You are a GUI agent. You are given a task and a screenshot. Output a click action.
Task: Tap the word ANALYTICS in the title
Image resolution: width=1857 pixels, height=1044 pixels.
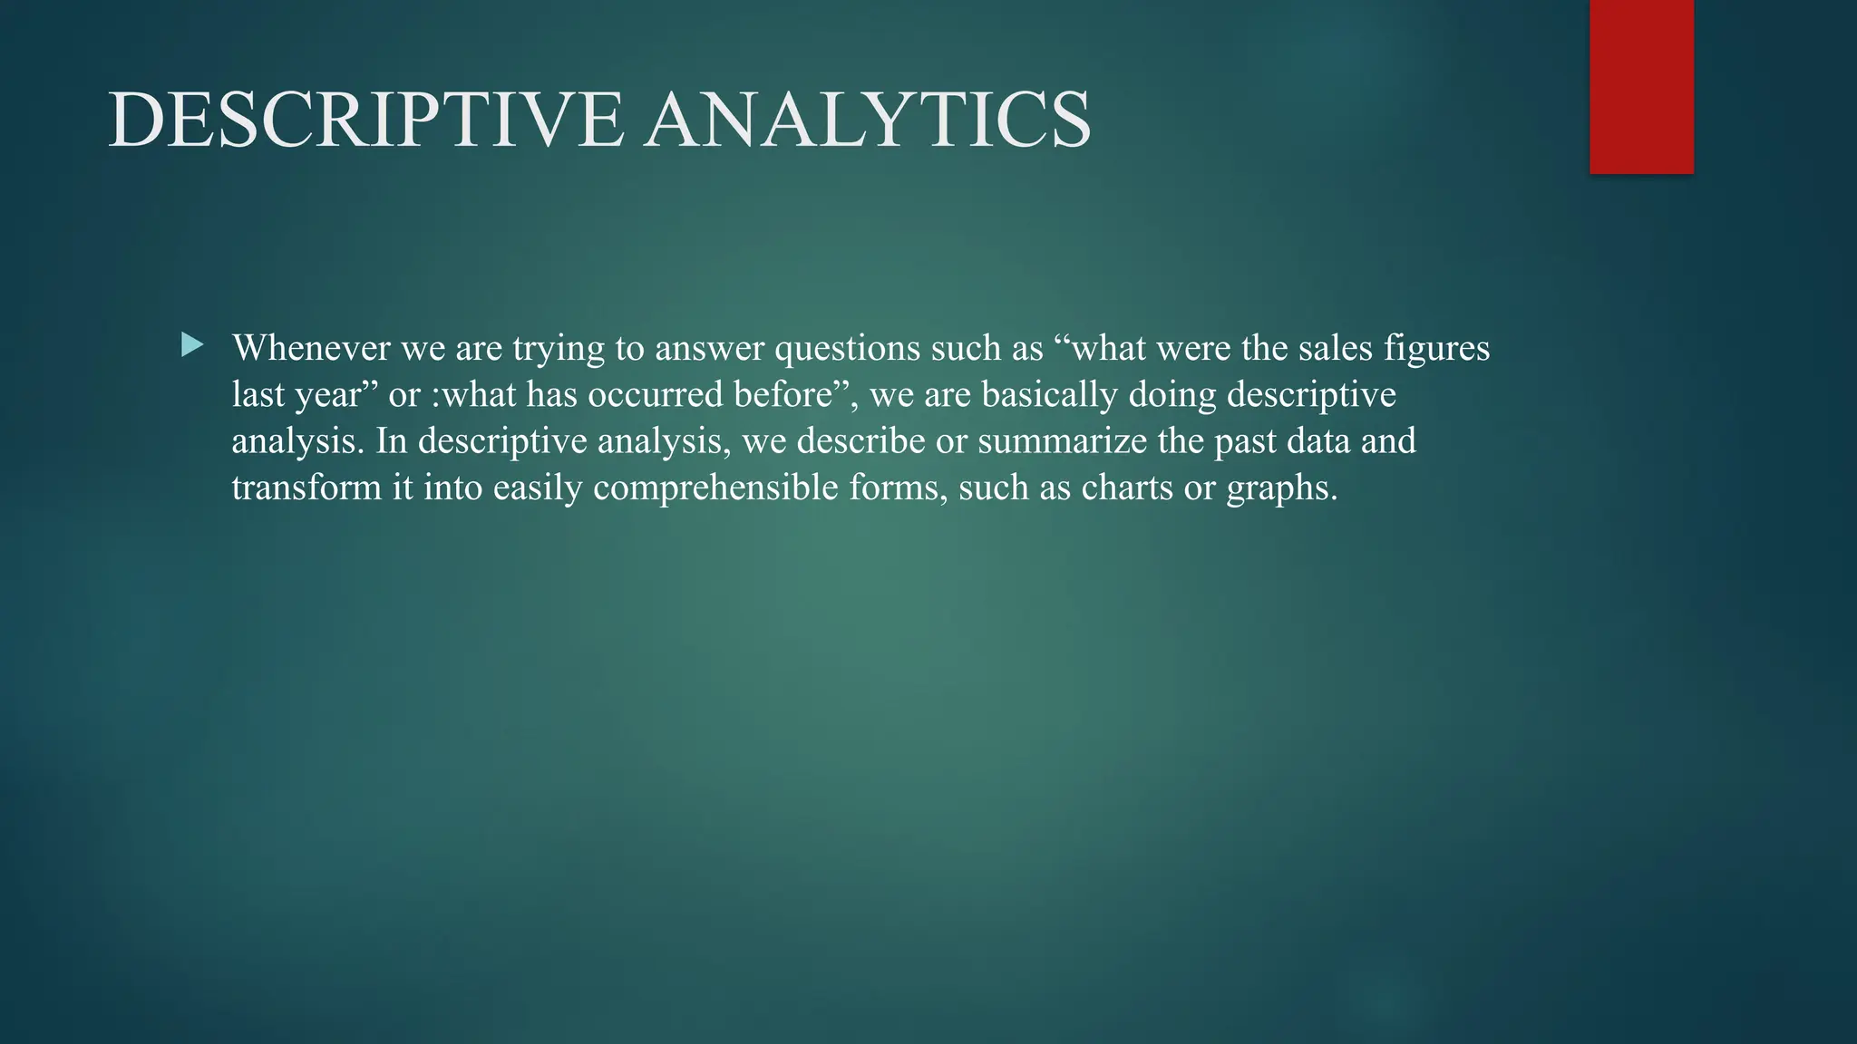pyautogui.click(x=868, y=121)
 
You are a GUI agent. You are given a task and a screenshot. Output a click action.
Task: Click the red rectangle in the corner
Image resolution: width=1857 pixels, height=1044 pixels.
pyautogui.click(x=1641, y=86)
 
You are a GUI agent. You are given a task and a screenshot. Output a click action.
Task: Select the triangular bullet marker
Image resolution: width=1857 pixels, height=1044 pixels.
pyautogui.click(x=192, y=345)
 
